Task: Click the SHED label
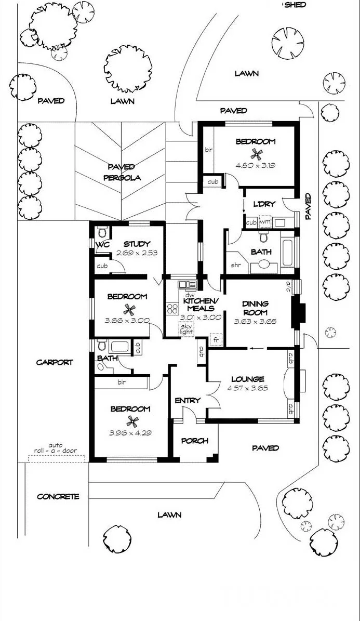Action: pyautogui.click(x=295, y=5)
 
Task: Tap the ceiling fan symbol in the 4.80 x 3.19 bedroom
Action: pyautogui.click(x=256, y=153)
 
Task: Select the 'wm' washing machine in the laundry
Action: pyautogui.click(x=264, y=222)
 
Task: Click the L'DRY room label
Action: pyautogui.click(x=263, y=204)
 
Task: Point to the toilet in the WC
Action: pyautogui.click(x=102, y=231)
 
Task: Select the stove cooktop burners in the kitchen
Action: pyautogui.click(x=172, y=309)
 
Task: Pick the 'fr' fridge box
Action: pyautogui.click(x=216, y=339)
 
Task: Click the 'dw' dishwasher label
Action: pyautogui.click(x=188, y=295)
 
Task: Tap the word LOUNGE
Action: pyautogui.click(x=248, y=379)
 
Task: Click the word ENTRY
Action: pyautogui.click(x=188, y=401)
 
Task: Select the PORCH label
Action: pyautogui.click(x=194, y=441)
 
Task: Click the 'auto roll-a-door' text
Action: pyautogui.click(x=56, y=448)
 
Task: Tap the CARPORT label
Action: pyautogui.click(x=54, y=362)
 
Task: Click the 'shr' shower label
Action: pyautogui.click(x=236, y=266)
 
